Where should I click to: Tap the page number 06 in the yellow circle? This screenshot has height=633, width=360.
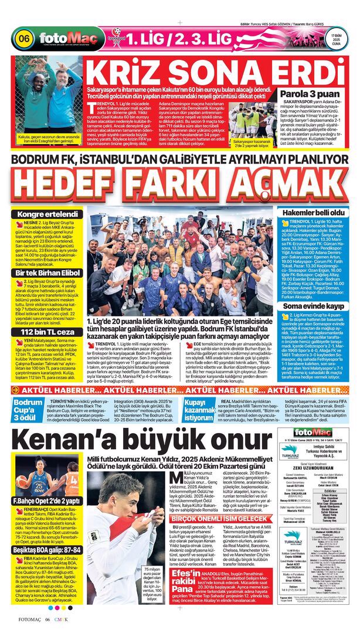click(24, 39)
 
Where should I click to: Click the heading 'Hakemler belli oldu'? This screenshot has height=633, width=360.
click(313, 212)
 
